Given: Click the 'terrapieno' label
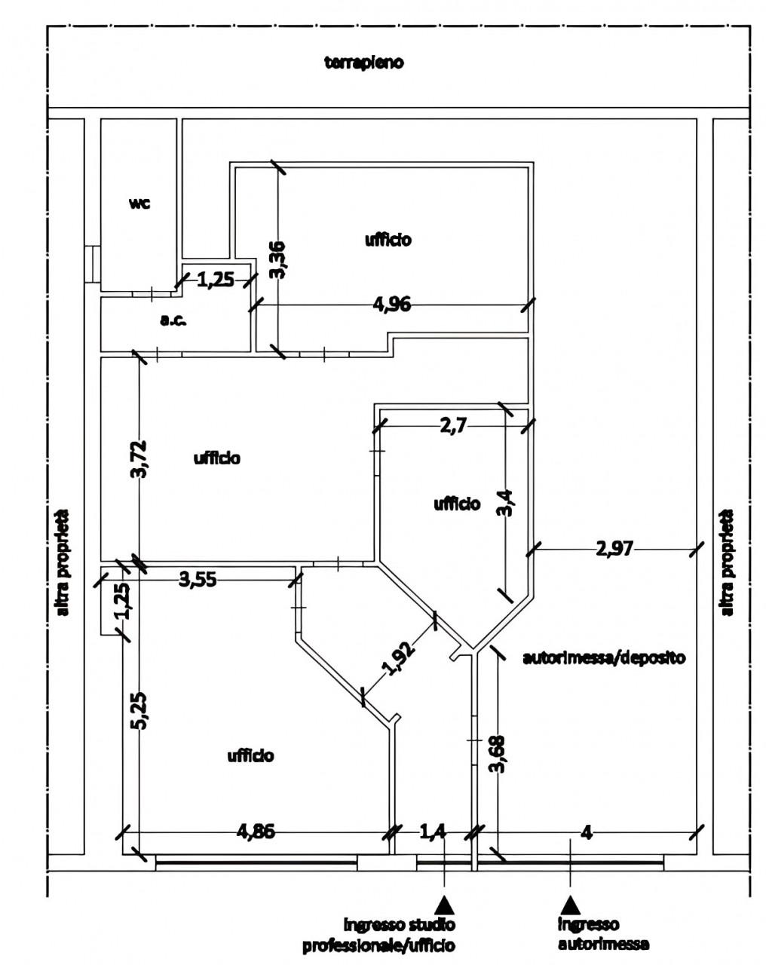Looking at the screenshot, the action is (363, 63).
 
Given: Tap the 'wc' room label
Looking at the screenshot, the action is (139, 204).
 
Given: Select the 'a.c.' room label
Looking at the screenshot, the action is (173, 320).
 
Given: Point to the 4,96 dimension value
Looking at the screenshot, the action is (391, 305).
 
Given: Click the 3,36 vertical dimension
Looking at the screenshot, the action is (277, 260).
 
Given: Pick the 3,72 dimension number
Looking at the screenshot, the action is (139, 459).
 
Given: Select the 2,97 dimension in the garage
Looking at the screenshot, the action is (614, 548).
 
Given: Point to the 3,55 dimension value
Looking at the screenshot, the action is (198, 580).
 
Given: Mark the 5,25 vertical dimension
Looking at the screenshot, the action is (139, 711).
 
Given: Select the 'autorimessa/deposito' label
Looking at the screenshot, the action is (604, 657).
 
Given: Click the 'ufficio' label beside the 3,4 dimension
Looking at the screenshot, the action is (457, 504).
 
